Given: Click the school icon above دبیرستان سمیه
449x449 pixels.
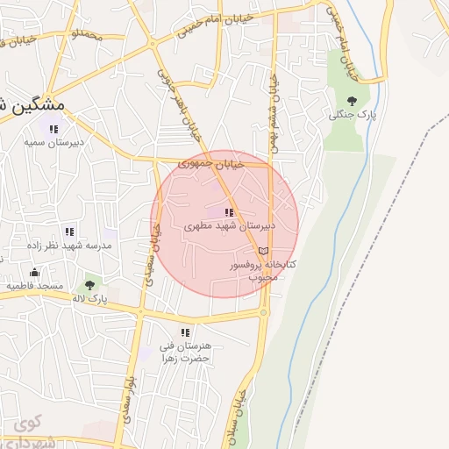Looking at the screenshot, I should pyautogui.click(x=53, y=130).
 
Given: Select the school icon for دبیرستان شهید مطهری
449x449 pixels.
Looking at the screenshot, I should pyautogui.click(x=229, y=212).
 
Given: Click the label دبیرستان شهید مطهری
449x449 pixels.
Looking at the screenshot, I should pyautogui.click(x=230, y=225).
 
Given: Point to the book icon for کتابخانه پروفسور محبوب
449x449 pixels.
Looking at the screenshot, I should pyautogui.click(x=264, y=251).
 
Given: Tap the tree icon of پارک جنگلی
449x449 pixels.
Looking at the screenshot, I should pyautogui.click(x=352, y=102).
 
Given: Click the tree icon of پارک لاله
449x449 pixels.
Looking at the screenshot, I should pyautogui.click(x=89, y=285).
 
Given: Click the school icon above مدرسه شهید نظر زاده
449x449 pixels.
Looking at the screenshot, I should pyautogui.click(x=69, y=232).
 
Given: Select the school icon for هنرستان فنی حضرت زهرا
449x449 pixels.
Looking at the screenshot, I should pyautogui.click(x=184, y=332).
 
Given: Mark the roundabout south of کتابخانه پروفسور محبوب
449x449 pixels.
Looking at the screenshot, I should pyautogui.click(x=264, y=311).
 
